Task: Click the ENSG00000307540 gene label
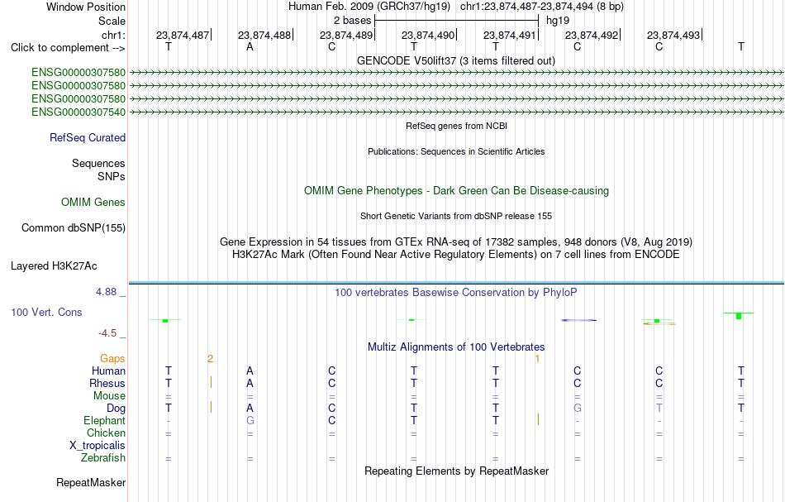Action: click(x=78, y=112)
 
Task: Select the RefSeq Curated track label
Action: click(x=88, y=138)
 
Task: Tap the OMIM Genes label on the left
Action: click(x=93, y=203)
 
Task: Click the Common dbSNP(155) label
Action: click(x=74, y=228)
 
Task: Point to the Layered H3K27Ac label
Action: click(x=54, y=266)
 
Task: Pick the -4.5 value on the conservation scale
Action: click(x=107, y=333)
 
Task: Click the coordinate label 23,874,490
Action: click(x=428, y=35)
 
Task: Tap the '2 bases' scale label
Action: click(x=353, y=21)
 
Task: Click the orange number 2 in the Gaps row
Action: click(x=210, y=359)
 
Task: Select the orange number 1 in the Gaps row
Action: click(x=537, y=359)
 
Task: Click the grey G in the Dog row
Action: click(x=578, y=409)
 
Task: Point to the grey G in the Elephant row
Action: click(x=250, y=421)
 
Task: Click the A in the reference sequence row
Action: click(x=250, y=47)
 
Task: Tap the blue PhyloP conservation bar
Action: click(x=578, y=320)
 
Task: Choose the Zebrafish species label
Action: click(x=103, y=458)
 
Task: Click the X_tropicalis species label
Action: click(x=98, y=446)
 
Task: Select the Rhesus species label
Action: click(x=107, y=383)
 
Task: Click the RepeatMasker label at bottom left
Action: click(x=91, y=483)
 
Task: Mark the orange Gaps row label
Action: click(x=112, y=359)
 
